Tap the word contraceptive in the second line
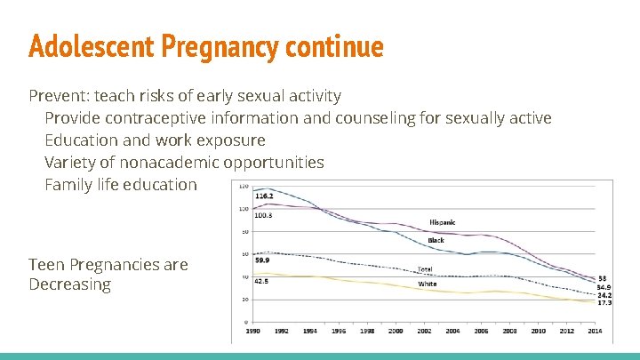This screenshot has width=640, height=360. tap(170, 118)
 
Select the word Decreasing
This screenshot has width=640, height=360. tap(69, 284)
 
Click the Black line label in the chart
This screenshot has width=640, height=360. tap(436, 240)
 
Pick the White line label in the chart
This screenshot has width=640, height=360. tap(427, 284)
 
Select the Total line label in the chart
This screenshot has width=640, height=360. tap(425, 268)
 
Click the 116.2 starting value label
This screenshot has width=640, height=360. tap(264, 196)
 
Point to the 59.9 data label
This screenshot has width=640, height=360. tap(262, 260)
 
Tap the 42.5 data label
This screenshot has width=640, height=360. tap(262, 281)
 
